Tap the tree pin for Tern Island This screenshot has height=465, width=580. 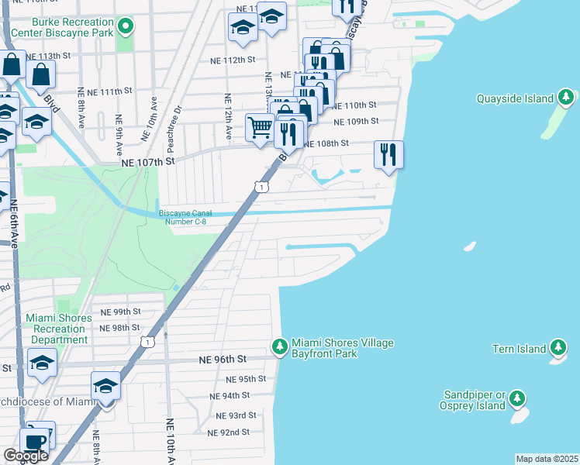tap(558, 349)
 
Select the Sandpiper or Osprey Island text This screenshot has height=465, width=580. tap(473, 400)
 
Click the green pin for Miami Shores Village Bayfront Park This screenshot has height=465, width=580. tap(279, 349)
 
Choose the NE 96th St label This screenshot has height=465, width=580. tap(222, 360)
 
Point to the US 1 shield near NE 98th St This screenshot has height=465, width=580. tap(147, 341)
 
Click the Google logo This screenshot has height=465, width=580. tap(26, 456)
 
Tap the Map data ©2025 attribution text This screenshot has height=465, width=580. tap(547, 459)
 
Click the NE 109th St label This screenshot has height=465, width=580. tap(356, 121)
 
